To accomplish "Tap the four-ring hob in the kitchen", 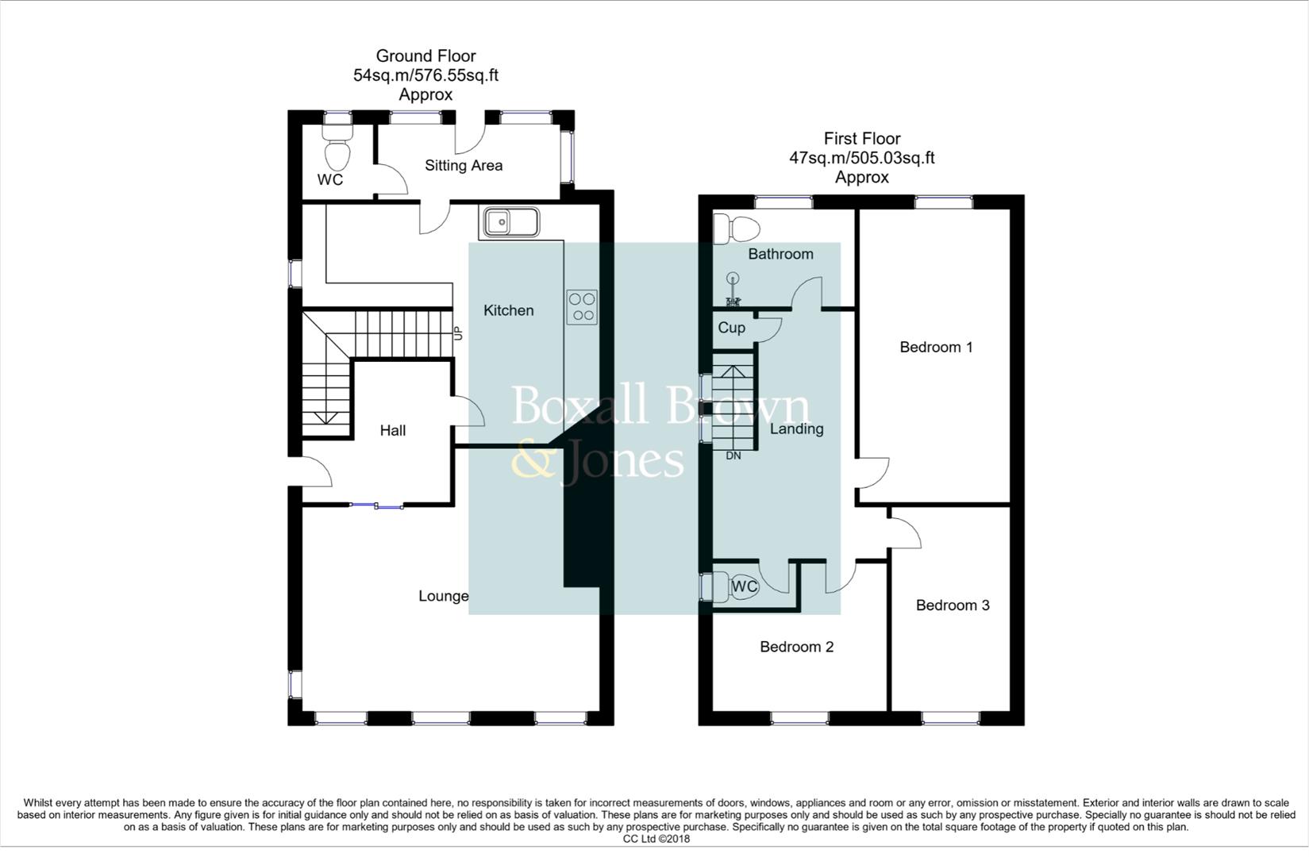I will click(582, 307).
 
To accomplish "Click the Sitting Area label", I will click(463, 166).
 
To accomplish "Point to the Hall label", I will click(392, 431).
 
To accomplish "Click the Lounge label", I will click(443, 596).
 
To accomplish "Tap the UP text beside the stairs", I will click(458, 334).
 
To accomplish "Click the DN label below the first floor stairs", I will click(733, 456).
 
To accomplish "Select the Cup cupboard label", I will click(731, 328).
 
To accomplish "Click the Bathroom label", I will click(780, 254).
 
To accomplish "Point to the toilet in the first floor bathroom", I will click(737, 229).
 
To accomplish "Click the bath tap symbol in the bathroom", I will click(732, 290).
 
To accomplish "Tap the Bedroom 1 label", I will click(936, 347).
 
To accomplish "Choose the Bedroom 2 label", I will click(796, 647).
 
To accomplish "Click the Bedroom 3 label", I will click(952, 605).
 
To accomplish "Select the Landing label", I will click(796, 429).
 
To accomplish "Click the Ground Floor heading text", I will click(425, 56).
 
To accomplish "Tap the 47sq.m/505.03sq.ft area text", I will click(861, 158).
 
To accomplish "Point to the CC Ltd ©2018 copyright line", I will click(656, 839).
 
